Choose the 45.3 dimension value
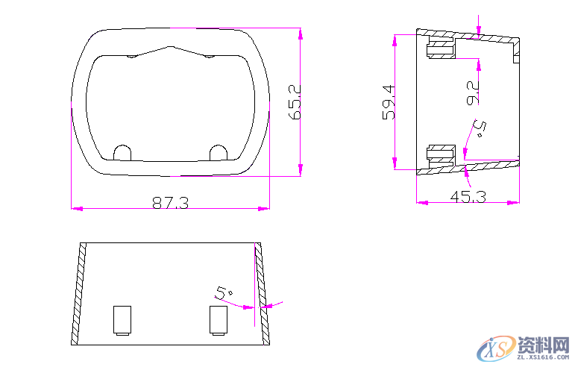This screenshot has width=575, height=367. [x=468, y=196]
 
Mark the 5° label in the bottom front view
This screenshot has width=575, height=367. [x=224, y=292]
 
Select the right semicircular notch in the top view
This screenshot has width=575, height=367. [x=219, y=152]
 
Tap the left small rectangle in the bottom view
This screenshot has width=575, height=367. [x=122, y=319]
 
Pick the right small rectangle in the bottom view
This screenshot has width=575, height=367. [x=219, y=319]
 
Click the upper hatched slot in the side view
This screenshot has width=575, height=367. [x=439, y=50]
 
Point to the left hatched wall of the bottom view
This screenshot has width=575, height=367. [x=77, y=295]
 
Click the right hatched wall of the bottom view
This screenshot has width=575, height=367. [x=262, y=295]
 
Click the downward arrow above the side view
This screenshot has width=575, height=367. [x=479, y=28]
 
